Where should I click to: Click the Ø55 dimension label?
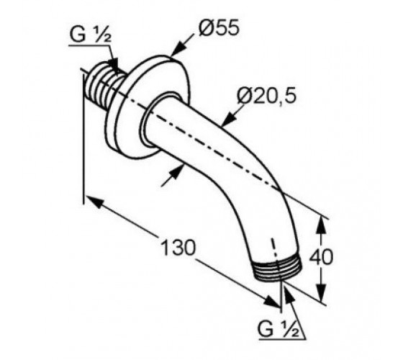219,27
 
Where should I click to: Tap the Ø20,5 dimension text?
267,95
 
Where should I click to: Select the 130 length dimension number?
178,248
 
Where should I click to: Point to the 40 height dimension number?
321,256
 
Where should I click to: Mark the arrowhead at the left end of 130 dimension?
94,202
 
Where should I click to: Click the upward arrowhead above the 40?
320,225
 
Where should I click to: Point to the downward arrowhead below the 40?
321,292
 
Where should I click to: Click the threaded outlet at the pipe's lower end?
278,271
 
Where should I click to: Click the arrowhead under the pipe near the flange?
177,172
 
